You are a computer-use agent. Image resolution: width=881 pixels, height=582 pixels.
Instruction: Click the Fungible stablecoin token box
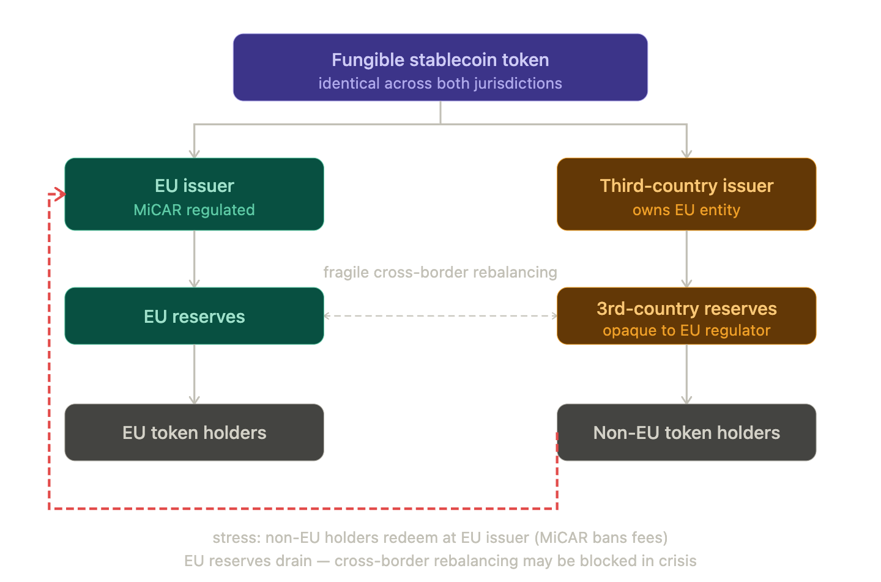[x=440, y=67]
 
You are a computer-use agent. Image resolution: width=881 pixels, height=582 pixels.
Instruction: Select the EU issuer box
[x=195, y=194]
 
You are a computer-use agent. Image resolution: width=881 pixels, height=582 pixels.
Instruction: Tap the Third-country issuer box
[x=686, y=194]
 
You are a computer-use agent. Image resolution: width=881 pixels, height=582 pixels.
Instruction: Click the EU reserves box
[x=195, y=316]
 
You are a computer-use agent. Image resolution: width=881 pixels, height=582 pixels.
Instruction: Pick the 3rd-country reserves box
[x=686, y=316]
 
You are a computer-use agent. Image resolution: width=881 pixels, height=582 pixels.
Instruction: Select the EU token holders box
[x=195, y=432]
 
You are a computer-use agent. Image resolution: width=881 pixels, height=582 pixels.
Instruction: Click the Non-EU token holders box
[x=686, y=432]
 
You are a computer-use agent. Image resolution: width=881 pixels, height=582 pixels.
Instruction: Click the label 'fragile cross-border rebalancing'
[x=440, y=272]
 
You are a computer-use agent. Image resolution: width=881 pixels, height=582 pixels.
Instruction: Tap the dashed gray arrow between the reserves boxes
[x=440, y=316]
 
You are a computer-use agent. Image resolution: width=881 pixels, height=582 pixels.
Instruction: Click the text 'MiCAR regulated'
[x=195, y=210]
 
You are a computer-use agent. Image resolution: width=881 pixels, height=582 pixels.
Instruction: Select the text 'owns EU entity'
[x=686, y=210]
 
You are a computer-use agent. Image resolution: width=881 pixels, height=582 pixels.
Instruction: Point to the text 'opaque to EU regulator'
[x=686, y=331]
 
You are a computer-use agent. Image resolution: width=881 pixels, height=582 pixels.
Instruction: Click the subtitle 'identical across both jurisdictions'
[x=440, y=83]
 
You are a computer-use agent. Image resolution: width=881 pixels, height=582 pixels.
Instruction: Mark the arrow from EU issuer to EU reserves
[x=195, y=259]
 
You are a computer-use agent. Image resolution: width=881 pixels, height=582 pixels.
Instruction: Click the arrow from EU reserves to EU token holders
[x=195, y=374]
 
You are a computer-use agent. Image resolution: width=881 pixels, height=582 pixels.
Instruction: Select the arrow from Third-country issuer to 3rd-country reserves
[x=686, y=259]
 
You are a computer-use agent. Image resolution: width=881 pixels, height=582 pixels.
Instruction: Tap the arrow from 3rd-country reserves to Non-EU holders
[x=686, y=374]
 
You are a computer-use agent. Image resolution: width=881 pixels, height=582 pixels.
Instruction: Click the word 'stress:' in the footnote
[x=237, y=537]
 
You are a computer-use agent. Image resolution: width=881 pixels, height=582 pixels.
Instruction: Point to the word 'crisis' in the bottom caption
[x=678, y=561]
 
